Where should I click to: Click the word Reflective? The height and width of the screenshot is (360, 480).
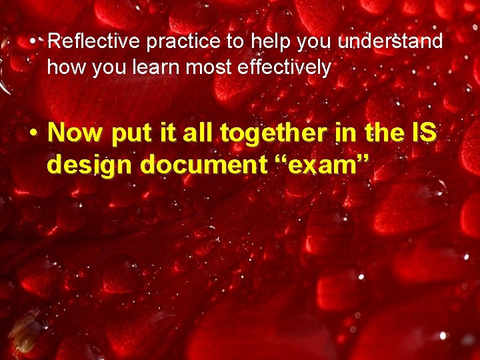[x=95, y=42]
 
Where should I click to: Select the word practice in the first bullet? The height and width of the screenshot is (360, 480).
[x=183, y=42]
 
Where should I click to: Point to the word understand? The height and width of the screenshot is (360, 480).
[x=390, y=42]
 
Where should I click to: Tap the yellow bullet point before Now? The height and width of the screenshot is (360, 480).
[x=33, y=134]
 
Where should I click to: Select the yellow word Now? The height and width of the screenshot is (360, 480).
[x=76, y=133]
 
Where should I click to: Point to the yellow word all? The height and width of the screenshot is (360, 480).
[x=195, y=133]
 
